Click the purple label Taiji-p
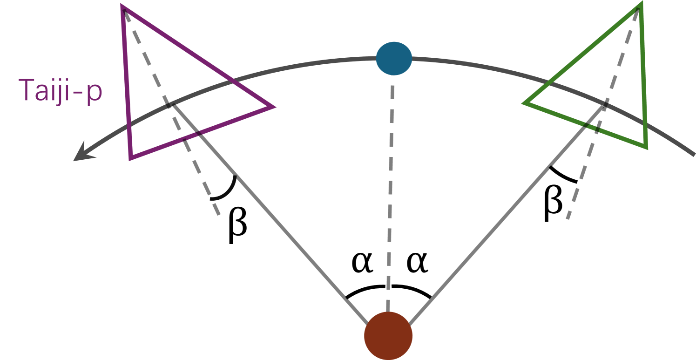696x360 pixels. point(61,91)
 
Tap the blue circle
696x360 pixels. point(394,58)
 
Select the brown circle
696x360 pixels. point(388,335)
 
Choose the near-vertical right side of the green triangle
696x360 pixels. point(643,77)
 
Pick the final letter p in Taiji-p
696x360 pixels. point(95,93)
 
